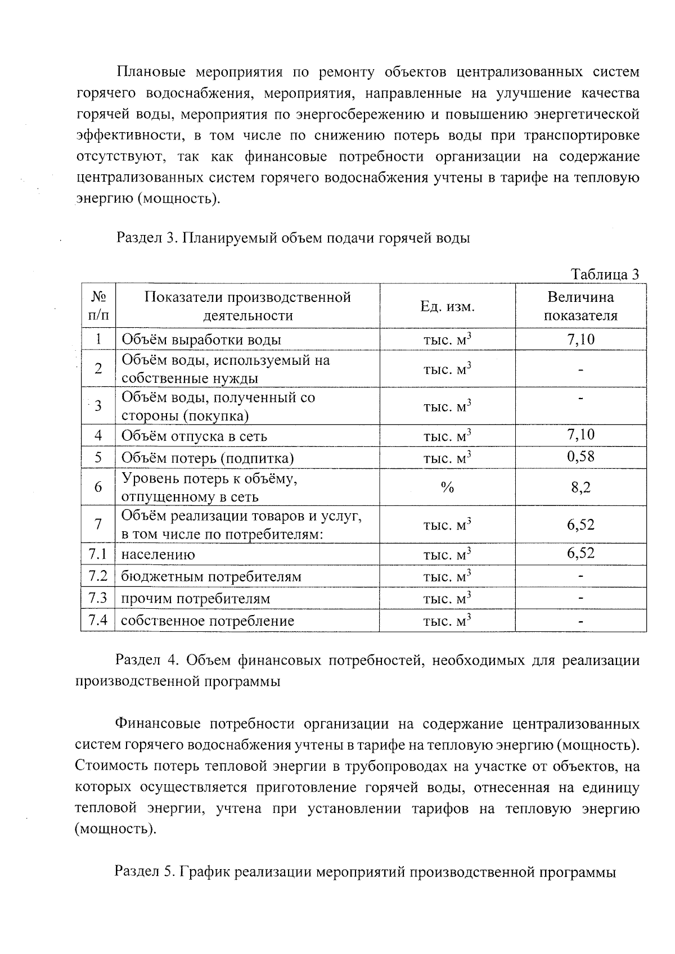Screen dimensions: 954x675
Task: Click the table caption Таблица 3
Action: (x=605, y=274)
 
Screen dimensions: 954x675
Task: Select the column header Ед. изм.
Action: (x=447, y=306)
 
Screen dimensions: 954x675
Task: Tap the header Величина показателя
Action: (x=580, y=306)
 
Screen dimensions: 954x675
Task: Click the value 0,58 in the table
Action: (x=580, y=456)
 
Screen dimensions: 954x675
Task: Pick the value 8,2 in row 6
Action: (x=580, y=487)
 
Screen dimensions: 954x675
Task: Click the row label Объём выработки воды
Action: (x=201, y=340)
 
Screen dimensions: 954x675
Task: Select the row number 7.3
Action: (x=98, y=598)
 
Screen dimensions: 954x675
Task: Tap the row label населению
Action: (x=158, y=555)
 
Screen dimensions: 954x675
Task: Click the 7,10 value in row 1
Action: (x=580, y=339)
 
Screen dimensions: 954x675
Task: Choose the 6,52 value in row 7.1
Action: (x=580, y=553)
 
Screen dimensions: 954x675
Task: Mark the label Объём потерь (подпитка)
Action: (x=208, y=458)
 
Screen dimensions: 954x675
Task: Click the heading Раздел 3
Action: (x=146, y=238)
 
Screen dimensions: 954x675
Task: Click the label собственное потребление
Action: (x=208, y=621)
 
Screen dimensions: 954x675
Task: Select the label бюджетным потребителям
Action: (x=211, y=577)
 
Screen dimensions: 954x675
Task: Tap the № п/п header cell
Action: (x=98, y=306)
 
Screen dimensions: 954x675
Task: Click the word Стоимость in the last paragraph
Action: (x=109, y=766)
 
